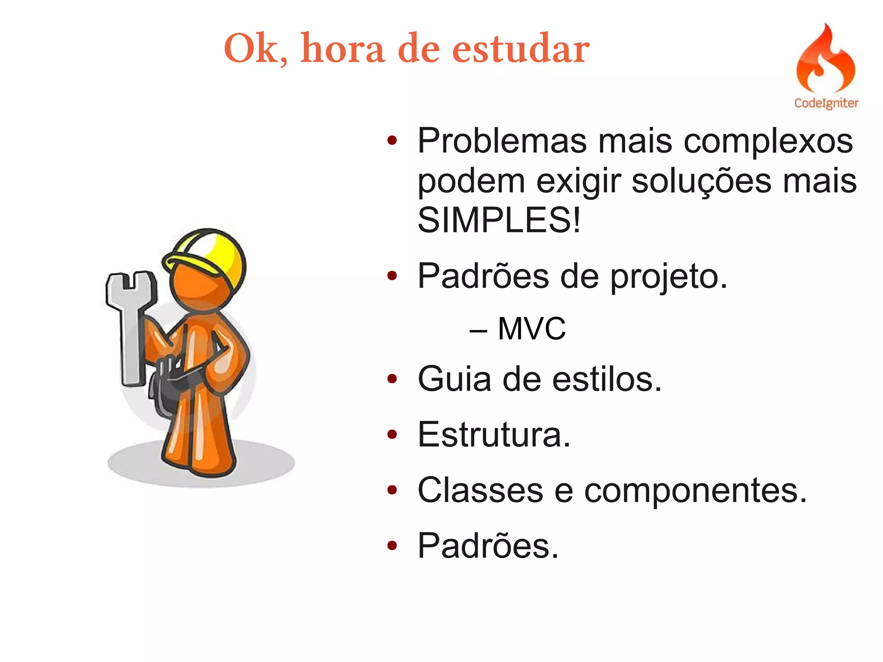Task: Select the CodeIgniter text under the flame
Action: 826,103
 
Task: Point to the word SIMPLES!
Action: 499,220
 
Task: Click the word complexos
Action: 768,141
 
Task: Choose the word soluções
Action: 701,181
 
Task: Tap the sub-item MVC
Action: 531,329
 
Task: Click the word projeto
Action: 669,277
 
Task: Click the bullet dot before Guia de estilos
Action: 391,379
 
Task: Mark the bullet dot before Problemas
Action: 391,141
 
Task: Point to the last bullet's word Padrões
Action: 488,546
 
